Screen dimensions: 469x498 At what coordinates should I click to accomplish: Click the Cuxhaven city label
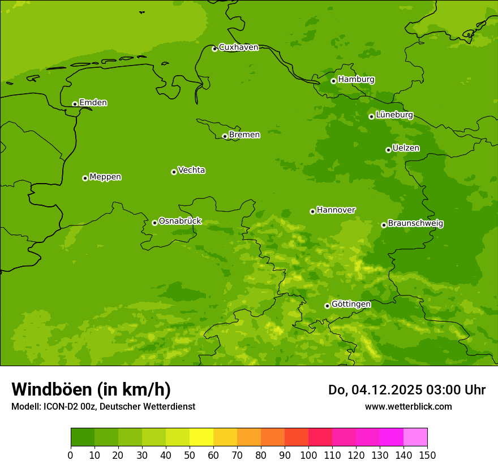pos(238,47)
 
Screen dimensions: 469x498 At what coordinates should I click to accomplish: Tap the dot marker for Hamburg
pos(333,81)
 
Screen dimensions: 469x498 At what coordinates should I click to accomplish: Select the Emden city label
pos(93,103)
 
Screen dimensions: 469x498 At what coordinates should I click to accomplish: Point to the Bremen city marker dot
pos(225,136)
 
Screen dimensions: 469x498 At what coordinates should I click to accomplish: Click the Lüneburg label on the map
pos(394,115)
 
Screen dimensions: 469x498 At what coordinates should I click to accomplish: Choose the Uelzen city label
pos(406,148)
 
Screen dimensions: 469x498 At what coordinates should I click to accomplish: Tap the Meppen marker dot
pos(85,178)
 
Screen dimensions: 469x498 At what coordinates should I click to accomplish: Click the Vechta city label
pos(191,170)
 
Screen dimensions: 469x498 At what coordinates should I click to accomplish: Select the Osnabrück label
pos(180,221)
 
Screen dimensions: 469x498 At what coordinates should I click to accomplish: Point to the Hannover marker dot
pos(312,211)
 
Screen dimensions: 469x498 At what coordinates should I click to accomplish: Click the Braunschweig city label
pos(415,224)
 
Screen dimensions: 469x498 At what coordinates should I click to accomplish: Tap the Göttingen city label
pos(351,304)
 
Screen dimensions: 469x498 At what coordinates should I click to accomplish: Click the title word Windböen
pos(51,390)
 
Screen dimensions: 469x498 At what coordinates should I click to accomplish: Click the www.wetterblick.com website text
pos(408,406)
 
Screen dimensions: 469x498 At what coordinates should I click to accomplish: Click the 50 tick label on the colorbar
pos(190,455)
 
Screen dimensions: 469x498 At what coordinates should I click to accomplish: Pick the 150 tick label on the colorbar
pos(427,455)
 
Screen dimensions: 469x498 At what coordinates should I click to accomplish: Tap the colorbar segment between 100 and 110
pos(320,437)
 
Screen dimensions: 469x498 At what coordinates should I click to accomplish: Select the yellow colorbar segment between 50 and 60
pos(201,437)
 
